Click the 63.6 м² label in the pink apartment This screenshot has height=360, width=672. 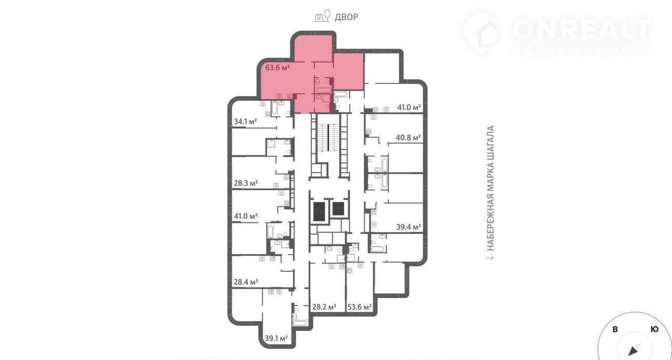click(278, 68)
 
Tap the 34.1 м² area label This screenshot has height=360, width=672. click(245, 122)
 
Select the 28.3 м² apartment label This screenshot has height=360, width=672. click(246, 183)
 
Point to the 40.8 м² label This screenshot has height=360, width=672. click(408, 137)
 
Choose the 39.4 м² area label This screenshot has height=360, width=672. click(408, 227)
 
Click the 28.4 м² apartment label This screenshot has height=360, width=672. click(246, 282)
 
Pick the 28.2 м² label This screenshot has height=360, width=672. click(324, 307)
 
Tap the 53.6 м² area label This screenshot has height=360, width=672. click(360, 307)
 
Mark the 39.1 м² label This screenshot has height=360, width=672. click(276, 338)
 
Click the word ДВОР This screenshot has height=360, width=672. click(346, 17)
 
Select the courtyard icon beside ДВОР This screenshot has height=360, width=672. click(322, 16)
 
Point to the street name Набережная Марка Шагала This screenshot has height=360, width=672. click(490, 188)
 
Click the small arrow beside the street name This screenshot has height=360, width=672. click(490, 258)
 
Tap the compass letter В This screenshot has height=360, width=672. click(615, 330)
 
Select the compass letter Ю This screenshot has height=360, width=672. click(655, 329)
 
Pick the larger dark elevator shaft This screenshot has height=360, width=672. click(319, 211)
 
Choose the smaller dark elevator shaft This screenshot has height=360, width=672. click(338, 208)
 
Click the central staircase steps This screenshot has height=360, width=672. click(329, 137)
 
